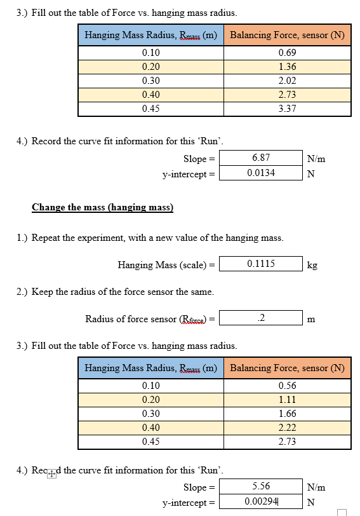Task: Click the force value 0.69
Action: pos(287,53)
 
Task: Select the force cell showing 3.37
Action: pos(287,109)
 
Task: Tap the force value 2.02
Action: pos(287,81)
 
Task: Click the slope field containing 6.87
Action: pos(261,158)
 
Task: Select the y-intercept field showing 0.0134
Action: pos(261,173)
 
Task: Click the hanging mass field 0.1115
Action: pos(261,264)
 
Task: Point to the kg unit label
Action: pos(312,265)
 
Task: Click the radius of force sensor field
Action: pos(261,318)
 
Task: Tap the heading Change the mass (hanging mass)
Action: pos(102,207)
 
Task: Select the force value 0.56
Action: pos(287,386)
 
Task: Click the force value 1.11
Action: pos(287,400)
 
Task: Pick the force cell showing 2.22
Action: pos(287,428)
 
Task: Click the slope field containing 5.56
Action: pos(261,486)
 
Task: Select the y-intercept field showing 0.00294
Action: pos(261,502)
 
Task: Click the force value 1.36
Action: pos(287,67)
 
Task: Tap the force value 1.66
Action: pos(287,414)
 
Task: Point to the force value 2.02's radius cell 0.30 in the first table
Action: pos(151,81)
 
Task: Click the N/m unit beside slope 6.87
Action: pos(316,159)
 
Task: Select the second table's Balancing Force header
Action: pos(287,368)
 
